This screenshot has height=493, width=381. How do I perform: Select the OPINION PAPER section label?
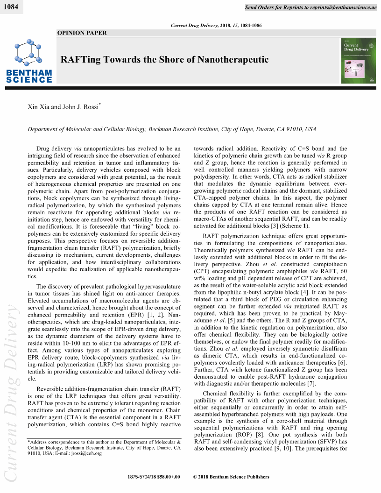click(82, 33)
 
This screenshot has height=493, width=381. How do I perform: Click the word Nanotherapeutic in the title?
click(233, 60)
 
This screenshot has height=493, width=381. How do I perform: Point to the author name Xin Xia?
click(39, 107)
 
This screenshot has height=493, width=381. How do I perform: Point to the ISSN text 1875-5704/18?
click(142, 477)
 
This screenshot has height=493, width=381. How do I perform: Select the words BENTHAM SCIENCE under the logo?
click(29, 76)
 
